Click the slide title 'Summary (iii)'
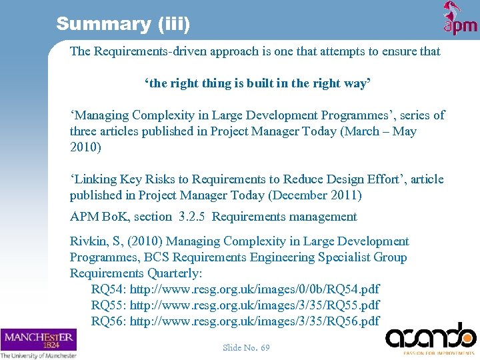click(123, 25)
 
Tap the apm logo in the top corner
click(460, 19)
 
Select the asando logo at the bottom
click(431, 337)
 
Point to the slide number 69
click(246, 347)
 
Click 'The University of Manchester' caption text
click(38, 355)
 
